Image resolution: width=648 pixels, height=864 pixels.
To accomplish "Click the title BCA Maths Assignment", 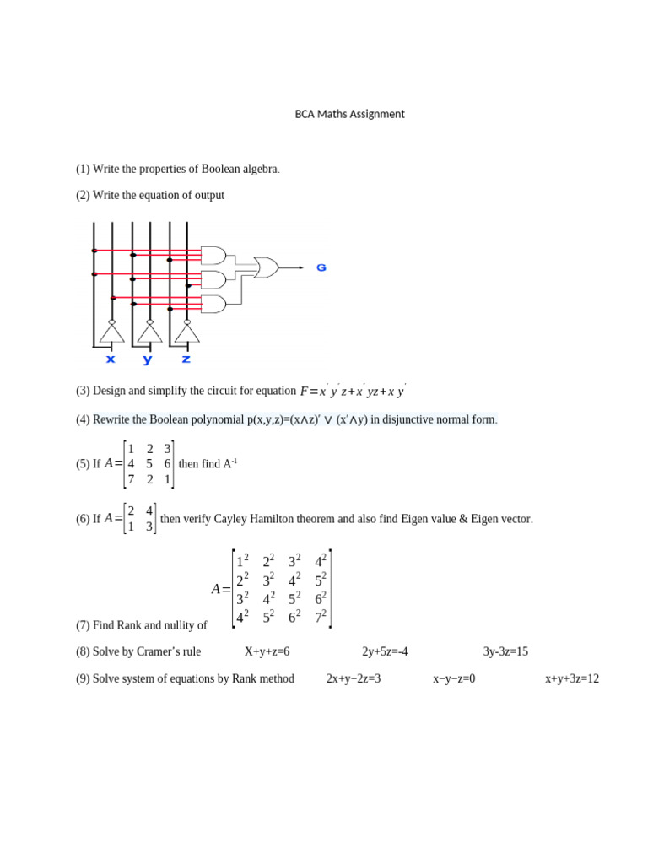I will click(348, 114).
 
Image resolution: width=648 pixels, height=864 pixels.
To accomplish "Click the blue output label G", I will click(321, 267).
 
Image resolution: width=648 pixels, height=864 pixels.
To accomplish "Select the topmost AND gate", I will click(214, 255).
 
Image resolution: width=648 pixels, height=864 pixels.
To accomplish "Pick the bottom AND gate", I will click(214, 303).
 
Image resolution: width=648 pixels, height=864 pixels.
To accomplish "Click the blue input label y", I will click(148, 359).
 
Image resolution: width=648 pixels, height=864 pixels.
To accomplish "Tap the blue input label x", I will click(111, 359).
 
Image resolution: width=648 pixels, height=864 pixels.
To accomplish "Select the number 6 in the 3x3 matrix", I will click(168, 463).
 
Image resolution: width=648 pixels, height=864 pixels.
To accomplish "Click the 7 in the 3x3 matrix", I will click(131, 479).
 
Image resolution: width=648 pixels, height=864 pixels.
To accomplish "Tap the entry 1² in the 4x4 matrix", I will click(243, 561).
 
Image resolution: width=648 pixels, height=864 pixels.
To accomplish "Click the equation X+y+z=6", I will click(267, 651).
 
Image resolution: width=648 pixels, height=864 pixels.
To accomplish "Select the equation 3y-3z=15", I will click(505, 651).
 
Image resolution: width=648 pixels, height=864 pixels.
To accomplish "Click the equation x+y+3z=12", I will click(571, 678).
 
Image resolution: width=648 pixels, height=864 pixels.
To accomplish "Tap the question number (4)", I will click(83, 419).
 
